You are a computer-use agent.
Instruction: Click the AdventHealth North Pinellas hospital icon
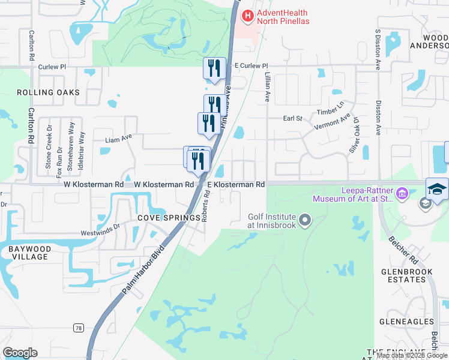246,16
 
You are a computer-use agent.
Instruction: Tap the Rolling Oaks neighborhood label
48,92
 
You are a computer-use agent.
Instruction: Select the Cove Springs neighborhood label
169,218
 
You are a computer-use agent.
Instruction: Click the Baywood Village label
28,252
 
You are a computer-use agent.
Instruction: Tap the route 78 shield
79,328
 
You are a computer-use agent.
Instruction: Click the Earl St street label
292,119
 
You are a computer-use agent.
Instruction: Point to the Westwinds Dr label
101,230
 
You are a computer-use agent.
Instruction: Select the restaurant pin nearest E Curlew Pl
214,68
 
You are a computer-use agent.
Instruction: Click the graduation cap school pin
436,190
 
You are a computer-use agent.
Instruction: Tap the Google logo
20,353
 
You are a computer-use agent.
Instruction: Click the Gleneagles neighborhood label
403,321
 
